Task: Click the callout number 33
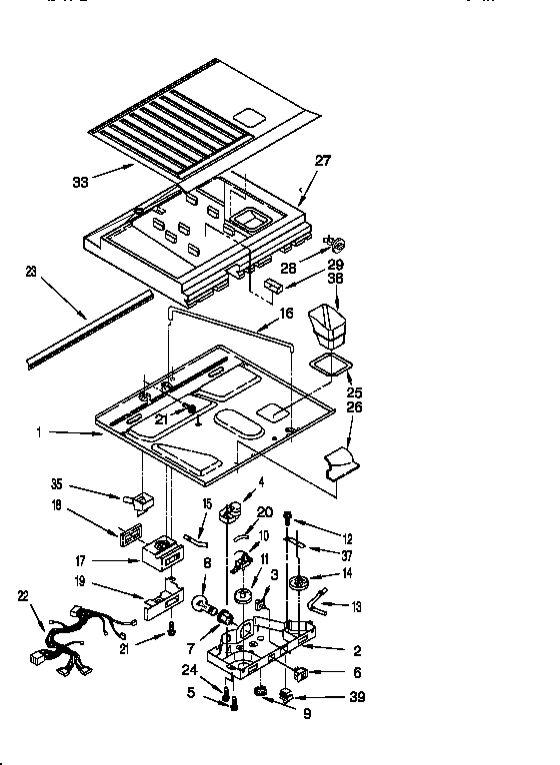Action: point(80,183)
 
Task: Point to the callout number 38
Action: point(335,281)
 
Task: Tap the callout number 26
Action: point(354,406)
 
